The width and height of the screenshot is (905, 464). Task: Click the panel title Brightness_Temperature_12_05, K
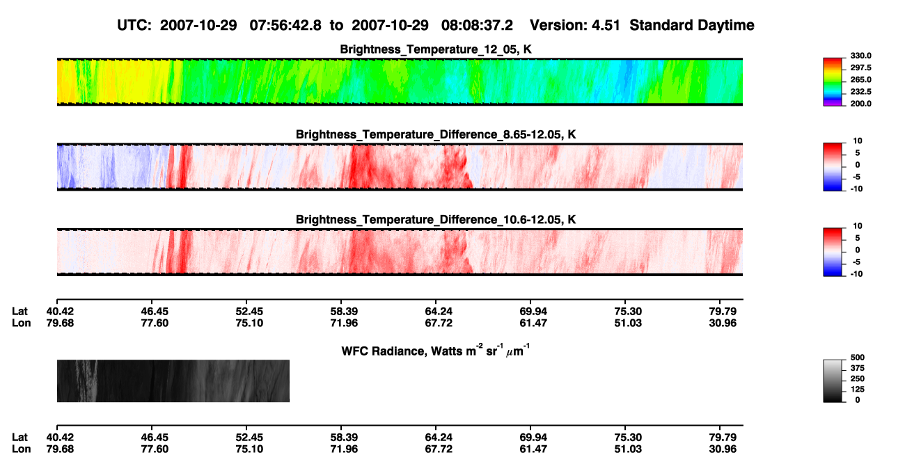(x=436, y=49)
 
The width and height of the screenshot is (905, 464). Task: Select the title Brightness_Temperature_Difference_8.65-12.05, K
(x=436, y=134)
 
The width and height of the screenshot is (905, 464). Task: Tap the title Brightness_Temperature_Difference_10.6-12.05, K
(x=436, y=220)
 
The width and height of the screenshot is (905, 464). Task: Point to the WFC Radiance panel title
(x=436, y=351)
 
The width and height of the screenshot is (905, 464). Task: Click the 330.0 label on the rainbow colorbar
(x=860, y=56)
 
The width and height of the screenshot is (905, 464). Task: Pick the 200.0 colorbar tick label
(x=860, y=104)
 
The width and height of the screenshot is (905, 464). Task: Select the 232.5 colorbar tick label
(x=860, y=92)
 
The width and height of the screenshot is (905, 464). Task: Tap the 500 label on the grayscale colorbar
(x=858, y=358)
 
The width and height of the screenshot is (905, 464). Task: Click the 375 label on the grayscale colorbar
(x=858, y=368)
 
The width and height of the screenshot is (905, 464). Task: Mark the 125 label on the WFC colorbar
(x=858, y=390)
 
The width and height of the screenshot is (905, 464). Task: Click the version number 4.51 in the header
(x=606, y=26)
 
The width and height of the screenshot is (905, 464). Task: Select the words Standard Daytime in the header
(x=692, y=26)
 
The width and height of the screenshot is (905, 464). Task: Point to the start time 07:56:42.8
(x=285, y=26)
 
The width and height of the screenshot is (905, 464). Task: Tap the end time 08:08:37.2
(x=477, y=26)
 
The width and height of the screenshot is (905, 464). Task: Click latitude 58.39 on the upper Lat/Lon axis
(x=344, y=312)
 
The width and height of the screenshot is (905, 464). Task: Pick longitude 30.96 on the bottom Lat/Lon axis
(x=723, y=449)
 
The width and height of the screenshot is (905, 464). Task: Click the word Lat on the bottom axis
(x=19, y=438)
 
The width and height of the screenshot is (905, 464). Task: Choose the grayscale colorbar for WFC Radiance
(x=833, y=381)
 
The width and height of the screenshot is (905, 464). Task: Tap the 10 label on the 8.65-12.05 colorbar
(x=858, y=141)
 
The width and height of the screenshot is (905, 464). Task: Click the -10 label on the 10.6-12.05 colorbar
(x=856, y=274)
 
